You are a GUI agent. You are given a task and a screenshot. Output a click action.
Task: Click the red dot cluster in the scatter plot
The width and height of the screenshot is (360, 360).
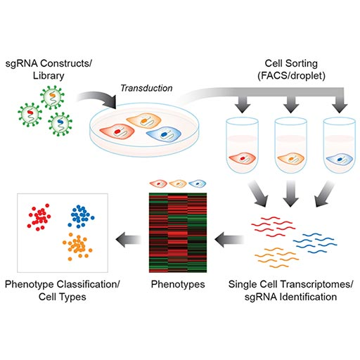pos(43,219)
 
